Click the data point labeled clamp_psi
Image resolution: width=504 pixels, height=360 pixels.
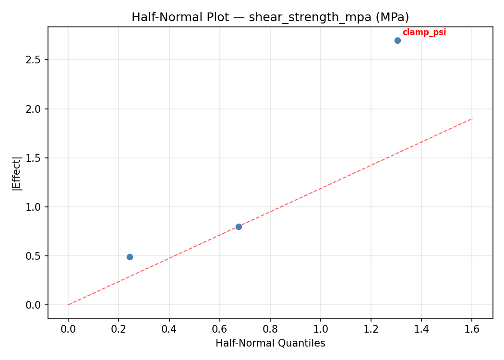coord(397,40)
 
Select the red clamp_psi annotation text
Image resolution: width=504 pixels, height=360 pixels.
coord(424,32)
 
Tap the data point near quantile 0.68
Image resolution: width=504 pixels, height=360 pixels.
coord(239,227)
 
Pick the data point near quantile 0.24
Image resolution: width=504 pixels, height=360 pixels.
coord(130,257)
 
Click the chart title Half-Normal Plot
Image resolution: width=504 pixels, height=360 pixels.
coord(270,17)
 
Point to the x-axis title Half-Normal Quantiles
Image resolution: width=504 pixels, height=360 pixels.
coord(270,343)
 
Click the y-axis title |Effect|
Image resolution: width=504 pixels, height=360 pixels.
coord(17,173)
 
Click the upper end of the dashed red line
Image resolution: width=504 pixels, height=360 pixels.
coord(472,118)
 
